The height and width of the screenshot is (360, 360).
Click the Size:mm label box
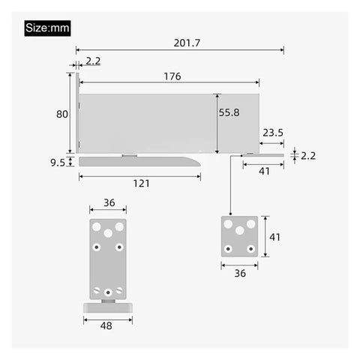point(47,28)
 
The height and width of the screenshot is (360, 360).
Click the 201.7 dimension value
point(187,43)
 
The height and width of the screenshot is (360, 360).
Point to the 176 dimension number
point(172,76)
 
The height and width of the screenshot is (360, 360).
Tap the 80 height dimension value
point(62,114)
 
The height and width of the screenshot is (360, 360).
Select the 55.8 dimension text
point(229,112)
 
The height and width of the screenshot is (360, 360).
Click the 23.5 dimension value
point(273,133)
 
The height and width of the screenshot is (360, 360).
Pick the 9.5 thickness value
point(58,163)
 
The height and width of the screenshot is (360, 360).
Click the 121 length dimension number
point(141,184)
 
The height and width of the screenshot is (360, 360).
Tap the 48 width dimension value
point(106,325)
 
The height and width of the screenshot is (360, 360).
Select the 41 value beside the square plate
point(274,237)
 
